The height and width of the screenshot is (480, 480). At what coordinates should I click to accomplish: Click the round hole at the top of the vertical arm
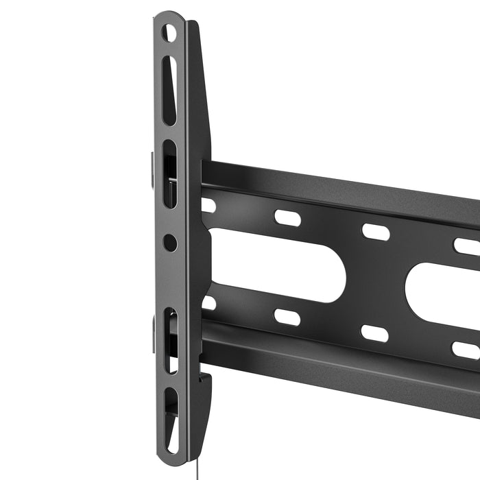169,32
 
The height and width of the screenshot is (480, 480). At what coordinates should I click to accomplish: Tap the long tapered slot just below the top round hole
169,89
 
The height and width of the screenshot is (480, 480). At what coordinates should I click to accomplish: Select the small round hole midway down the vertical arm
170,243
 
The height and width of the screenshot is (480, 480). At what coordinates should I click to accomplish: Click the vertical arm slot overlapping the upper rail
169,174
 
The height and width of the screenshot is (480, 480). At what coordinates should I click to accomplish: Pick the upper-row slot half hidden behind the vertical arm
208,205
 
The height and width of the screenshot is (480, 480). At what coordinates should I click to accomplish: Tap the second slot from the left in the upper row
287,217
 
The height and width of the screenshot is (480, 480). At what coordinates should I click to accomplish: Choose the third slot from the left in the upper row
375,232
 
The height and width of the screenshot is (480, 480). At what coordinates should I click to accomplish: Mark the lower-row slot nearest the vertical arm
208,302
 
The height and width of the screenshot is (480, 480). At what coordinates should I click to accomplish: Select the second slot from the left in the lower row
287,317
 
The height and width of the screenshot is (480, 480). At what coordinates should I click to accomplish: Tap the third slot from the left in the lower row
375,333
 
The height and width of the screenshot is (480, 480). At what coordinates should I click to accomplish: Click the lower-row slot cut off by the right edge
467,350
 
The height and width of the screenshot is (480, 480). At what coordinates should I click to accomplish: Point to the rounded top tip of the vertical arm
169,15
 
